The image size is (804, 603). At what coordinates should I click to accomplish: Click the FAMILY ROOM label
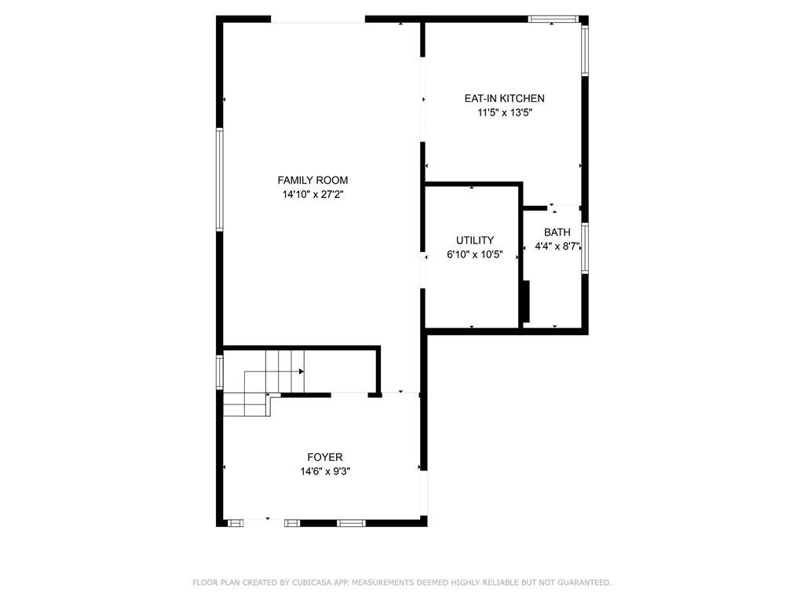tap(312, 180)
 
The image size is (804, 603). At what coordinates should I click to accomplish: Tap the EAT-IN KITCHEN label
tap(504, 98)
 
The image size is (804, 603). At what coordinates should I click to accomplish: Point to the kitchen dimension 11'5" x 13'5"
tap(504, 112)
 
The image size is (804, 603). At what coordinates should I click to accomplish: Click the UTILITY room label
tap(475, 240)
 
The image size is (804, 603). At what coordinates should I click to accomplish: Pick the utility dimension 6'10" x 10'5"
tap(475, 254)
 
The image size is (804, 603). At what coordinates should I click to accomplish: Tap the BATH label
tap(557, 232)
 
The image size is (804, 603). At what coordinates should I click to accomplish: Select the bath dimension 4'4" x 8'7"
tap(557, 246)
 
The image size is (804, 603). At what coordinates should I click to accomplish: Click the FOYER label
tap(324, 457)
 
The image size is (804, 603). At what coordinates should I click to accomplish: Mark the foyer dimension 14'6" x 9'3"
tap(324, 471)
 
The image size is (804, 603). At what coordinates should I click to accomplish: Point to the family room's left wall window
tap(221, 179)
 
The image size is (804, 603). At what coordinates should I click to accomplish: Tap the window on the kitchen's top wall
tap(554, 18)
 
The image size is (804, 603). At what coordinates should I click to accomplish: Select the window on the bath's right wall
tap(585, 248)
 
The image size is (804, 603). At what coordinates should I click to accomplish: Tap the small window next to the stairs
tap(220, 371)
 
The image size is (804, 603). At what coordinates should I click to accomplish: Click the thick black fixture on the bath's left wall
tap(526, 301)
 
